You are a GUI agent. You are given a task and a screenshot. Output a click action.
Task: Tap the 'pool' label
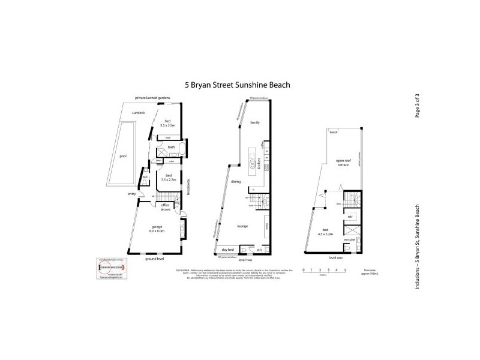123,156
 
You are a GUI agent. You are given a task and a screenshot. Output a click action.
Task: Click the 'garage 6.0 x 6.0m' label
157,228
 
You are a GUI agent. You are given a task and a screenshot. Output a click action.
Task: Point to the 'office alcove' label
166,207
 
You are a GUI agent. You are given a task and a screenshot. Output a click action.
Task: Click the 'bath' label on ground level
171,147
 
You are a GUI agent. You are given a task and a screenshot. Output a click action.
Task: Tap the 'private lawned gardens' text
152,97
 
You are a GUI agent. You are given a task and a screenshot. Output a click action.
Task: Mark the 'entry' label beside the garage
131,194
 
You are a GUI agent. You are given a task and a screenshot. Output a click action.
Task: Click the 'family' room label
254,122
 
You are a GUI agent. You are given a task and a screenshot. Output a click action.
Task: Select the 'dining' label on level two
236,181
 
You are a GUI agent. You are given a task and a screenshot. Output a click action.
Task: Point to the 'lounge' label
243,226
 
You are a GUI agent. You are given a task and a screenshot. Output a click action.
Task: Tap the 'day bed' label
227,249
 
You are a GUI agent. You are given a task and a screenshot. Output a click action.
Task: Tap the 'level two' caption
245,260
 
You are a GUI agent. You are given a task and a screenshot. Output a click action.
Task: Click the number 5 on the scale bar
346,271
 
